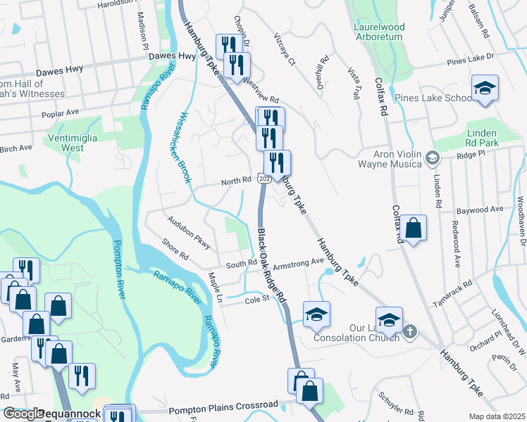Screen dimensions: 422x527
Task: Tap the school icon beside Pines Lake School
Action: (x=485, y=89)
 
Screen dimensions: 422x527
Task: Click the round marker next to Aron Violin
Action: (x=432, y=159)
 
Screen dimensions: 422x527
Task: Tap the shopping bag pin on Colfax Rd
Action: (x=414, y=228)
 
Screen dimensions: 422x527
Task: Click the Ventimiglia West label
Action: (x=73, y=143)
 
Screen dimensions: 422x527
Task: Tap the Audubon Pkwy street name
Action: (x=189, y=232)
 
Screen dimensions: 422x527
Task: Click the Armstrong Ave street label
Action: (x=297, y=263)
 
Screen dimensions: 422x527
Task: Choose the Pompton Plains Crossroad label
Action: (x=223, y=406)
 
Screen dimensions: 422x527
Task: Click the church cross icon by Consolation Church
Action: (x=411, y=331)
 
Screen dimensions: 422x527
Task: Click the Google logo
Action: (x=23, y=414)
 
